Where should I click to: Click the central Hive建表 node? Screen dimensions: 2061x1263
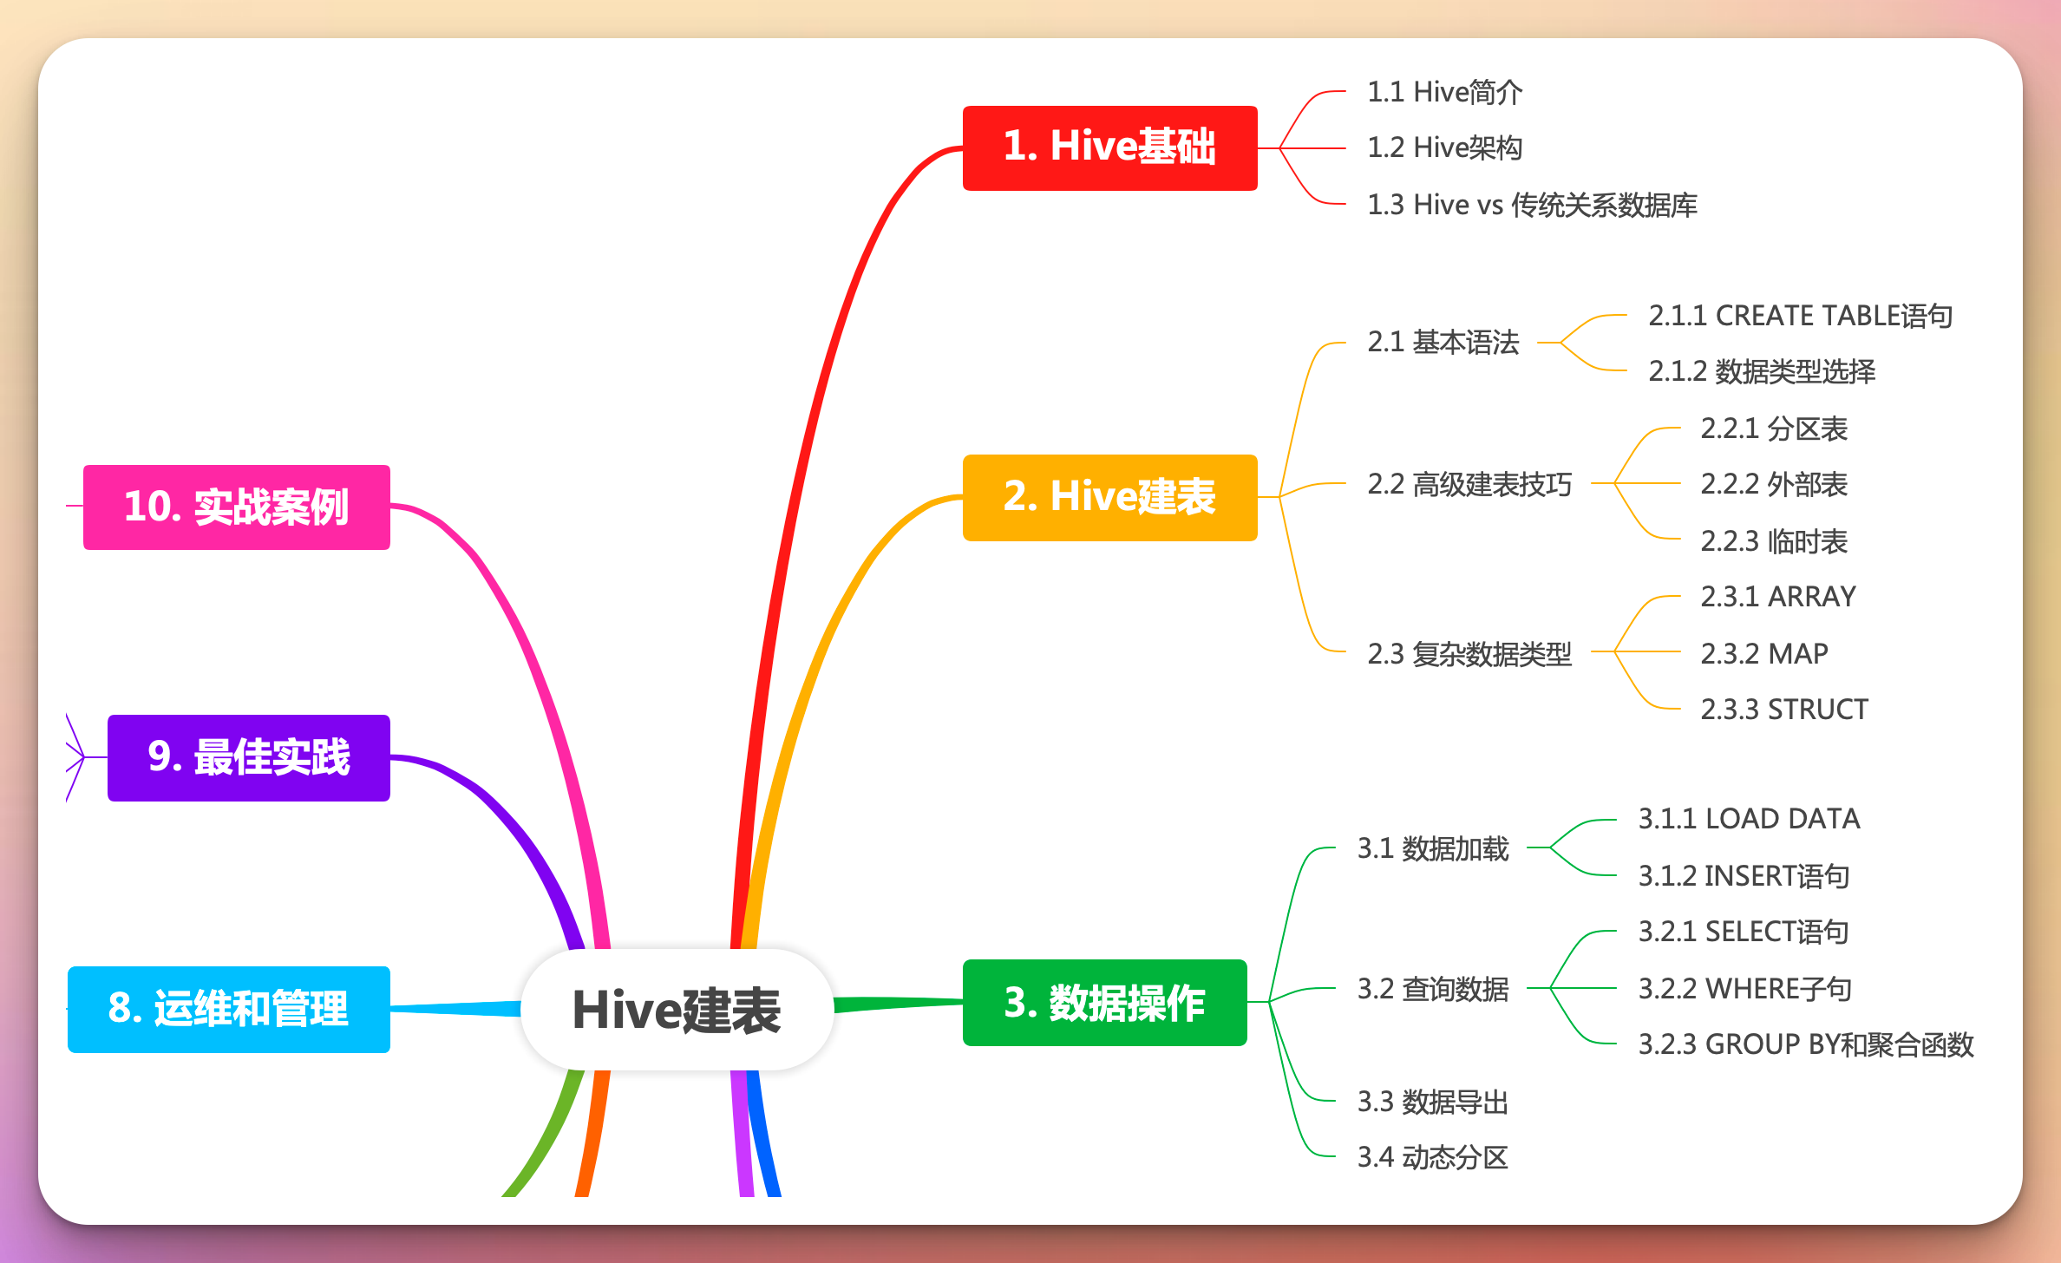677,1010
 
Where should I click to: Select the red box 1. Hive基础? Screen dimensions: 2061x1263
1109,147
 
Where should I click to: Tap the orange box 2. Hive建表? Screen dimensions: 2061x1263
1109,497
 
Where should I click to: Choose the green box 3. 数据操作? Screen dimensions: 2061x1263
1104,1003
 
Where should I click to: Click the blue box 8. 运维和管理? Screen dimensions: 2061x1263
228,1009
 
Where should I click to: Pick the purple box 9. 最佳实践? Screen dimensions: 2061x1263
249,757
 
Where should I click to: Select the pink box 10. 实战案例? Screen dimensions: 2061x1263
236,507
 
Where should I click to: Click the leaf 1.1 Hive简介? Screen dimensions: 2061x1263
1444,92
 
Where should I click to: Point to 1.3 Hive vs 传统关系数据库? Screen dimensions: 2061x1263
1532,205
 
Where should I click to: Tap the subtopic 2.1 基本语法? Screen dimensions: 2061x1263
1443,342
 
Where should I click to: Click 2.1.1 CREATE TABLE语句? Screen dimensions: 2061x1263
1800,316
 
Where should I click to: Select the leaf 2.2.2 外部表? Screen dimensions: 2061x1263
1774,484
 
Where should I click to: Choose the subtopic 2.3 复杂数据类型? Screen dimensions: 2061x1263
1469,653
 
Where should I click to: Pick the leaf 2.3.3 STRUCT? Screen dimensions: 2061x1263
1784,710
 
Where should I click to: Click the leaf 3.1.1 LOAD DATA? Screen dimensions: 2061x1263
1749,819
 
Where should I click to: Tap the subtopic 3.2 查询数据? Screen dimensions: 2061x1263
1433,989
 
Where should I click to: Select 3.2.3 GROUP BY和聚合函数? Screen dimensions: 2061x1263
1806,1044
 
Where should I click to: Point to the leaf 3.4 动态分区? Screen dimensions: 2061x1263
1433,1157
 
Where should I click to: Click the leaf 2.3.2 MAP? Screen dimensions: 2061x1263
1764,653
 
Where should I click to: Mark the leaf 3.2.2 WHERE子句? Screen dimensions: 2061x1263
1745,989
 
